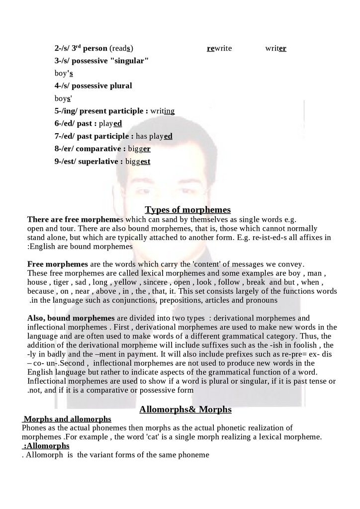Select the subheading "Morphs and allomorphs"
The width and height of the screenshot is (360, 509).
[67, 419]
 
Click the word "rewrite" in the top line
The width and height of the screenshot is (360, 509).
[219, 48]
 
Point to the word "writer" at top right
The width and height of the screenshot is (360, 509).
[275, 48]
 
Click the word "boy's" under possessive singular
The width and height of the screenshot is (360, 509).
[64, 73]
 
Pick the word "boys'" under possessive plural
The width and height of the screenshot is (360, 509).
[63, 98]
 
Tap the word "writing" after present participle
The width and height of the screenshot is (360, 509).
[162, 110]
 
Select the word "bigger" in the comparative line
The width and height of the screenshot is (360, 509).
[139, 149]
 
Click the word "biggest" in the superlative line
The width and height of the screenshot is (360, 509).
[138, 162]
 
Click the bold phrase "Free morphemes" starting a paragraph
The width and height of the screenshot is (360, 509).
[57, 263]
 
